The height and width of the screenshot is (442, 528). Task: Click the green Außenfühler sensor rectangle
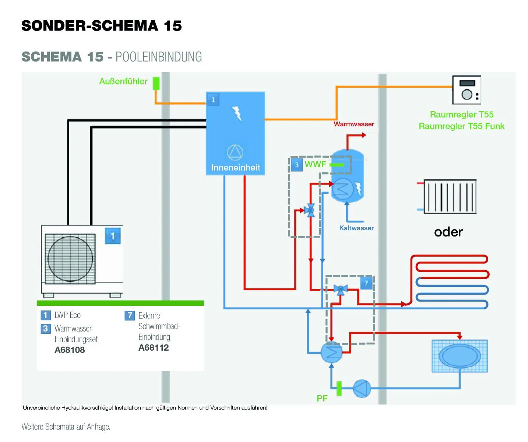(x=156, y=83)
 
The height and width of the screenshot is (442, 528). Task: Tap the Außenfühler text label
(x=123, y=81)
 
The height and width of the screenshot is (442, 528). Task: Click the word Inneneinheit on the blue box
(x=235, y=168)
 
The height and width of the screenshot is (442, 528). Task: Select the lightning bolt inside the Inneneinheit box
(x=237, y=113)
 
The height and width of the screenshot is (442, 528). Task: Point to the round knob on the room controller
(x=467, y=95)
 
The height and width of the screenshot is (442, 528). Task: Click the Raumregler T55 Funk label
(x=461, y=126)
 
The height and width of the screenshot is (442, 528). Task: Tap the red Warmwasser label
(x=354, y=124)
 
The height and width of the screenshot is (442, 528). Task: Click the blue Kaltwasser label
(x=356, y=228)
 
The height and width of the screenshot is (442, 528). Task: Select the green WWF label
(x=315, y=164)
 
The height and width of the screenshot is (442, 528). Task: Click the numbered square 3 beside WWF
(x=297, y=165)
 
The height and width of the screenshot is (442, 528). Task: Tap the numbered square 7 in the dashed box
(x=366, y=283)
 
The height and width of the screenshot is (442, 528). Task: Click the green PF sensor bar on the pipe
(x=339, y=388)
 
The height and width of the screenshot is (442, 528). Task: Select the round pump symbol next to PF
(x=362, y=388)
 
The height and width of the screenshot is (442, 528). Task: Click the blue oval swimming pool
(x=460, y=356)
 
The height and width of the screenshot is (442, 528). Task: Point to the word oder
(x=448, y=232)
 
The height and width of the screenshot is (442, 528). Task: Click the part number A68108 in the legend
(x=70, y=350)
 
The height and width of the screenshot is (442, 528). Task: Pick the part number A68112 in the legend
(x=153, y=348)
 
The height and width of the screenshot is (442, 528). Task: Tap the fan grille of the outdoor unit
(x=70, y=259)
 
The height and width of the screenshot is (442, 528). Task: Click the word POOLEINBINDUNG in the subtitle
(x=159, y=57)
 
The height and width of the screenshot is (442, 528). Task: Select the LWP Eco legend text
(x=67, y=315)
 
